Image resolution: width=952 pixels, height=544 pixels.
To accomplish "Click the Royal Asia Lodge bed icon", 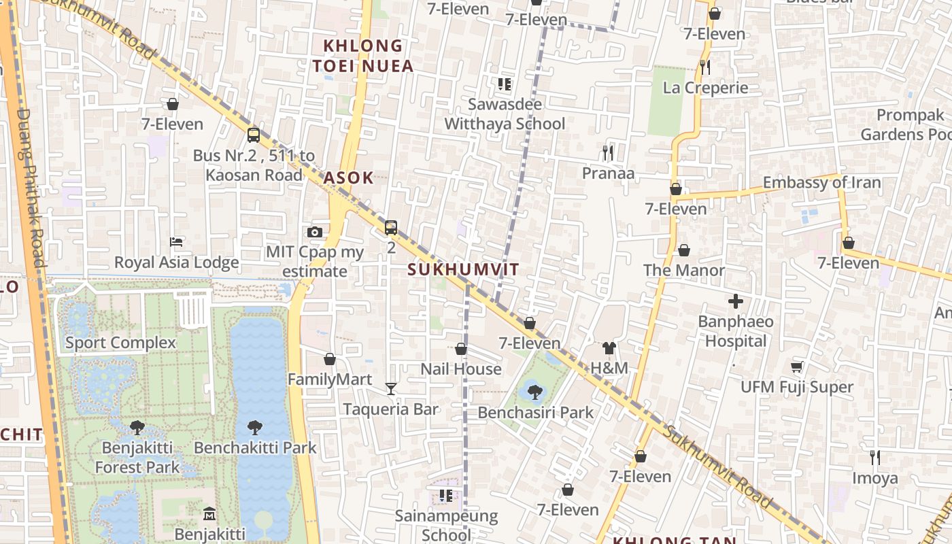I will click(x=176, y=242).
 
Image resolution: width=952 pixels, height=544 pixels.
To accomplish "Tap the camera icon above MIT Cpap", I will click(x=314, y=232).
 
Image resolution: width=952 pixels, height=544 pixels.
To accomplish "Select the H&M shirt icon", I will click(x=609, y=348).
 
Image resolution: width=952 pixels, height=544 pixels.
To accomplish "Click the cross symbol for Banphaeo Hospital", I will click(x=735, y=301).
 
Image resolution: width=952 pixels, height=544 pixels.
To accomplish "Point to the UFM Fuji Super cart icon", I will click(x=797, y=367).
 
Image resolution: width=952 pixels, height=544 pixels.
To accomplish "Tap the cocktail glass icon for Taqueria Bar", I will click(x=390, y=389).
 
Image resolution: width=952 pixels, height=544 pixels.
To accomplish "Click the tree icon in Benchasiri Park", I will click(x=535, y=392).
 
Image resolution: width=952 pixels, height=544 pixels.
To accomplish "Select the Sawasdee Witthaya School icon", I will click(x=504, y=84).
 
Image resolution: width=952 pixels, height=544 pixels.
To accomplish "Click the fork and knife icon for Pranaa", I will click(x=608, y=153).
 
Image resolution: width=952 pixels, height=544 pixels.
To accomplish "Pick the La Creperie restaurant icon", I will click(x=705, y=67).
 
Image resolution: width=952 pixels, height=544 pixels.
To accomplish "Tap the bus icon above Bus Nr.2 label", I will click(x=254, y=135).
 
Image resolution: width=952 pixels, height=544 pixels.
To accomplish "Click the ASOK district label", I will click(x=348, y=178).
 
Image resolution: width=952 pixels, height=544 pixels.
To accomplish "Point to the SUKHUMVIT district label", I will click(x=463, y=269).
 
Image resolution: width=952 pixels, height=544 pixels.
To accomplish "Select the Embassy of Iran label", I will click(x=821, y=182).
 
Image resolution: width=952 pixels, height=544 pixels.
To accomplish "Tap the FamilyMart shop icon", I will click(x=330, y=359).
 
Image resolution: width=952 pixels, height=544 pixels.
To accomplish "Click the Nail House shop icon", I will click(x=461, y=349).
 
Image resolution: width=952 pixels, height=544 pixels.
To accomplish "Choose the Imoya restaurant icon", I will click(x=875, y=458).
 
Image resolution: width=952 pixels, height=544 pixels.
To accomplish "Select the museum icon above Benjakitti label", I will click(x=209, y=513).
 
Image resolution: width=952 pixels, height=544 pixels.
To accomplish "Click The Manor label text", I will click(x=683, y=270).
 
